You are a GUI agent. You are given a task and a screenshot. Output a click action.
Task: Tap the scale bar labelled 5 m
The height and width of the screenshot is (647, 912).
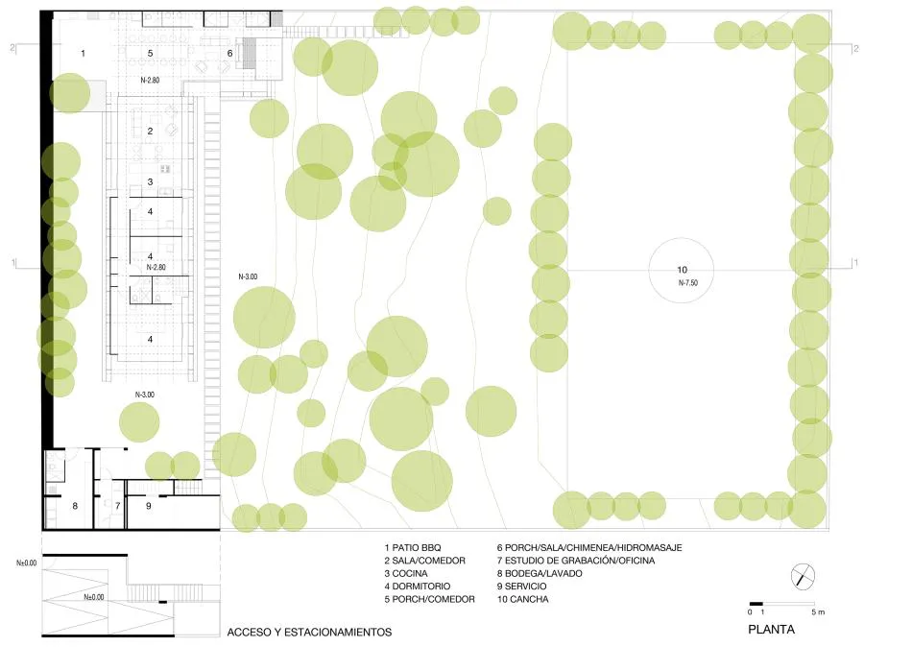781,603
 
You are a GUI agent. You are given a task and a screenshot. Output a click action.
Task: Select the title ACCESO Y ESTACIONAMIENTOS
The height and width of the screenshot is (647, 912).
309,633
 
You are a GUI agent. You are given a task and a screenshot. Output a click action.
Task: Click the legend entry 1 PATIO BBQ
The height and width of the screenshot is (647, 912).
412,547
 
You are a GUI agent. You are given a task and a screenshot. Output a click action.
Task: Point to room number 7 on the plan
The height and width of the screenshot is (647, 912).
117,505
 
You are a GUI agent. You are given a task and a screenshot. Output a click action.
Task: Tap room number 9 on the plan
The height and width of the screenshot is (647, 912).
149,505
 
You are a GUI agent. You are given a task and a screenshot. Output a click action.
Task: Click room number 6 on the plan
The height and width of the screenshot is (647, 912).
229,53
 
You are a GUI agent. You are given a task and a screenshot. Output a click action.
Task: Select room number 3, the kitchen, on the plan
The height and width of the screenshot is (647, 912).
150,181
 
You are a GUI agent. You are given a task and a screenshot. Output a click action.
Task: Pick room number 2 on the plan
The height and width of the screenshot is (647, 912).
150,131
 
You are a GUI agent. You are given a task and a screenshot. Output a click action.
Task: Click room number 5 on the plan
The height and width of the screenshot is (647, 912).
150,53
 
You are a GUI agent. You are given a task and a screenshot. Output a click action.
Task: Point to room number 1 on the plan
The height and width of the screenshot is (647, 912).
83,53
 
